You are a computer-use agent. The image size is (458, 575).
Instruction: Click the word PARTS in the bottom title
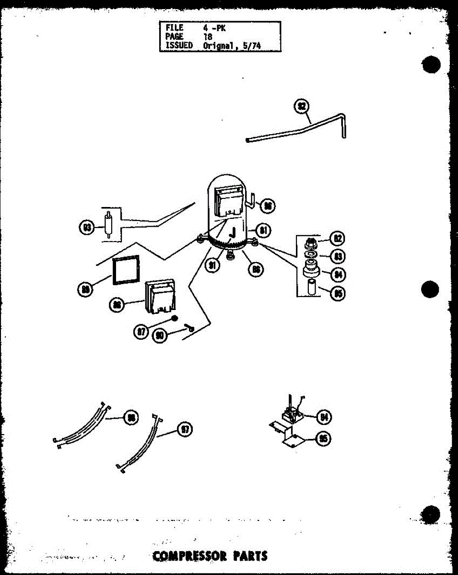click(x=250, y=556)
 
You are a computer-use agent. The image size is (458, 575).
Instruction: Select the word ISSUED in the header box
click(x=179, y=46)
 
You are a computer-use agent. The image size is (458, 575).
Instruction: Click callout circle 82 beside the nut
click(x=338, y=238)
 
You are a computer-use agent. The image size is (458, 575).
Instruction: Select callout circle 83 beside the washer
click(x=338, y=256)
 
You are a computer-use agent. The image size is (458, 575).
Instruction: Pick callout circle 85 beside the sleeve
click(x=338, y=292)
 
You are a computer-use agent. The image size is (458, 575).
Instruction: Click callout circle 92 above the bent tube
click(x=302, y=107)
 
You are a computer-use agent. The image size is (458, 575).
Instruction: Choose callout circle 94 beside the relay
click(x=325, y=417)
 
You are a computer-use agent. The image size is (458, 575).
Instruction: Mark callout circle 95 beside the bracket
click(x=325, y=438)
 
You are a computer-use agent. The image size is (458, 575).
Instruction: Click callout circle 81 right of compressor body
click(x=263, y=230)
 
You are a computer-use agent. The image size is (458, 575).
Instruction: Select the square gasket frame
click(x=126, y=271)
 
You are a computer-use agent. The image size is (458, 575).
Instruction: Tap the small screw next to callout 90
click(x=188, y=328)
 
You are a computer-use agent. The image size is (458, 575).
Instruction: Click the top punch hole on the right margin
click(x=431, y=65)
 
